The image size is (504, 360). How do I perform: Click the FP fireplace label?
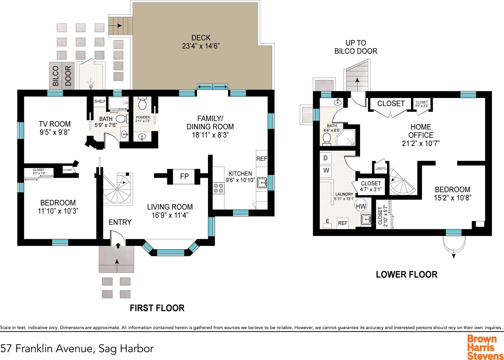[184, 176]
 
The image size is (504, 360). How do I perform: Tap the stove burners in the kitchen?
[219, 188]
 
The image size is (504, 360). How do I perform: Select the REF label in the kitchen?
[262, 159]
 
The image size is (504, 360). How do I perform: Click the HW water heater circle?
[361, 206]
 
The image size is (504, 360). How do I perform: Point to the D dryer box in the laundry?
[326, 158]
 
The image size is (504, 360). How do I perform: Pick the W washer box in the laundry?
[326, 170]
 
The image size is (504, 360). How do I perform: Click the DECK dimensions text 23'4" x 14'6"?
[201, 46]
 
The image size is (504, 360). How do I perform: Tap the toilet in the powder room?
[142, 103]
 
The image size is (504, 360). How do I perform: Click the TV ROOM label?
[55, 124]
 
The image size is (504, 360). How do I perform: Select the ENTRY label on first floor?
[120, 222]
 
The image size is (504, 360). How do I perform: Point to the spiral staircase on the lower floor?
[402, 182]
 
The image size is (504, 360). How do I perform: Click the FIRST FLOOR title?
[157, 308]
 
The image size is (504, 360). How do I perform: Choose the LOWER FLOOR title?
[407, 275]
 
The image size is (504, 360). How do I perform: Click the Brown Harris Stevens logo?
[485, 347]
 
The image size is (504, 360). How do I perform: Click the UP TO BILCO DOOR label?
[356, 47]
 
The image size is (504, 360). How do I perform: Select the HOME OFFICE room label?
[421, 131]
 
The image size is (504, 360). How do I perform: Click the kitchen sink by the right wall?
[262, 183]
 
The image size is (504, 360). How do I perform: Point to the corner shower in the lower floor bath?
[346, 138]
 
